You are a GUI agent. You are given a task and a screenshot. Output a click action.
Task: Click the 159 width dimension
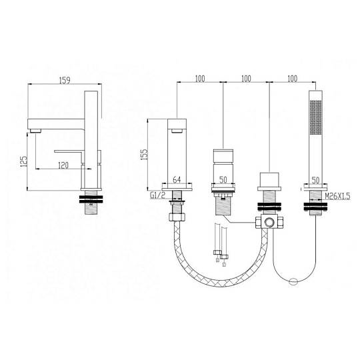[x=65, y=80]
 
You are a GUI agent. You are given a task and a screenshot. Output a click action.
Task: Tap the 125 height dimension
[x=24, y=161]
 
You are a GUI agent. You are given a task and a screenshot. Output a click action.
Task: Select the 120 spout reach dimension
[x=63, y=165]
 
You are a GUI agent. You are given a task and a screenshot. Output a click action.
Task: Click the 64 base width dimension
[x=176, y=179]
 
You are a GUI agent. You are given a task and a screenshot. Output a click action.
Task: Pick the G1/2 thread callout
[x=157, y=195]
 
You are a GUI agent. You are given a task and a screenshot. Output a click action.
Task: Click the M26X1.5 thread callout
[x=338, y=196]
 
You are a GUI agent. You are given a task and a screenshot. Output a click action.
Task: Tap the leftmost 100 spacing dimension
[x=200, y=79]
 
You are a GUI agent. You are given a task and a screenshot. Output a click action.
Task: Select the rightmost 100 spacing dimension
[x=292, y=79]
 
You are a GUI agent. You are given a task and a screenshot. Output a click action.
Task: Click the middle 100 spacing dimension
[x=246, y=79]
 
